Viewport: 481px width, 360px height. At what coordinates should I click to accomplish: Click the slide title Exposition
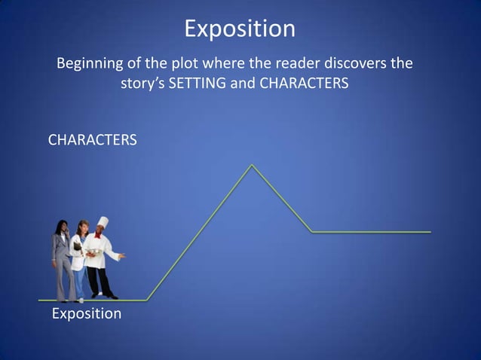pos(240,29)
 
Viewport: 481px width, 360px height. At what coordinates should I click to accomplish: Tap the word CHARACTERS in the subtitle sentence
pos(304,84)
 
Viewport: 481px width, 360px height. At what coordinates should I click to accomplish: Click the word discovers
pos(346,63)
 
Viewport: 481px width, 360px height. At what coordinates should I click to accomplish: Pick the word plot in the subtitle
pos(174,63)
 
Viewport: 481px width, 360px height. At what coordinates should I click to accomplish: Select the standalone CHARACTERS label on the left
pos(92,140)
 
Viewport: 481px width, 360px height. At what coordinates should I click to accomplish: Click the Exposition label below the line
pos(86,313)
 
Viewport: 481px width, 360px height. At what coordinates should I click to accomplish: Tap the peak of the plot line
pos(252,165)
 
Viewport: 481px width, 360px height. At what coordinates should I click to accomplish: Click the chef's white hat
pos(103,223)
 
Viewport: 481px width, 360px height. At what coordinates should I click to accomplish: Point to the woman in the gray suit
pos(61,260)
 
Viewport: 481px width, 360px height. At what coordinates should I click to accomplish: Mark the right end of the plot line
pos(430,232)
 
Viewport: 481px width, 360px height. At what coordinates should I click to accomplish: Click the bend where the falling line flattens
pos(312,232)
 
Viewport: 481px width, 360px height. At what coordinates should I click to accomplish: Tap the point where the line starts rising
pos(147,300)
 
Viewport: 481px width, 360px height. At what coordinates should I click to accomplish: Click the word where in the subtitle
pos(212,63)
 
